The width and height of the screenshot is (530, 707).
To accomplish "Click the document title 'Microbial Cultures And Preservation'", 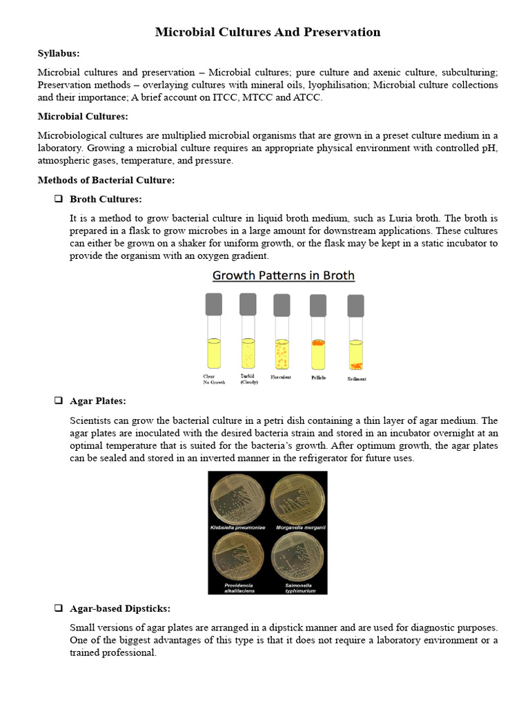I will point(267,32).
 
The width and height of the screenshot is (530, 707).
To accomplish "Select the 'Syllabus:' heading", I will point(58,53).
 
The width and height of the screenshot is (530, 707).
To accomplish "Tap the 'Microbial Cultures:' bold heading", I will point(82,116).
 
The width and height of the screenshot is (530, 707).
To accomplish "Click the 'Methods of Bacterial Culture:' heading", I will point(106,180).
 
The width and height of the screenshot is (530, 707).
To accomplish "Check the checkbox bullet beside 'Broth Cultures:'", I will point(58,199).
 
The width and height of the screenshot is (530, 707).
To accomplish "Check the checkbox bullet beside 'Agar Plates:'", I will point(58,401).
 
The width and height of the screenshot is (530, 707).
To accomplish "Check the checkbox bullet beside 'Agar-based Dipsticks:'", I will point(58,608).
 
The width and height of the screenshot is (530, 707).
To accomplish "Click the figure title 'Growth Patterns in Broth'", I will point(283,275).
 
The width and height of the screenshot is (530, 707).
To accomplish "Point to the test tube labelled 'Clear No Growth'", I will point(214,338).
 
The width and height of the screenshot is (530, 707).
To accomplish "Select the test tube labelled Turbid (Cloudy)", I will point(248,338).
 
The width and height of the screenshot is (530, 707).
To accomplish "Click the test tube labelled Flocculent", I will point(282,338).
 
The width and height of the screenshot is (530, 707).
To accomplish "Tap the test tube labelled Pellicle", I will point(318,338).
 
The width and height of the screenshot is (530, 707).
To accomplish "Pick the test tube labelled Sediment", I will point(355,338).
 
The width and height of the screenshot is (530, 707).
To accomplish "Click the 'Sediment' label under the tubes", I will point(357,379).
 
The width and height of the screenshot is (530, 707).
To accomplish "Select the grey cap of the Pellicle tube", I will point(318,305).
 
